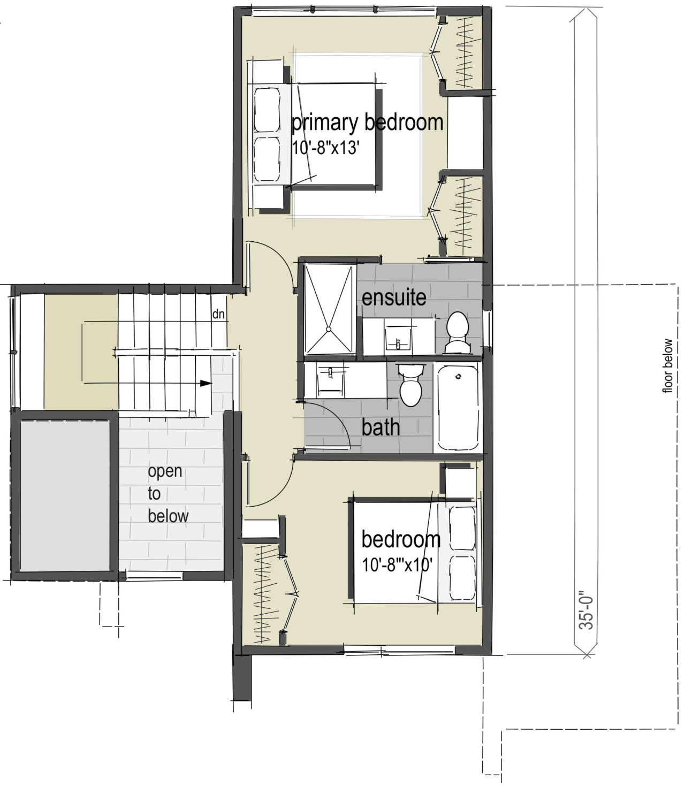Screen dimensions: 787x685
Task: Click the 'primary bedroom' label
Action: (x=367, y=123)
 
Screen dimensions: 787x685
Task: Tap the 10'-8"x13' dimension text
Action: (x=324, y=148)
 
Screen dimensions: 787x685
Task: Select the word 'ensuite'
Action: (x=394, y=297)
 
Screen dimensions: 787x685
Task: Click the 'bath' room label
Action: (x=380, y=427)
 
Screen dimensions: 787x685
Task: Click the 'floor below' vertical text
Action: (x=667, y=366)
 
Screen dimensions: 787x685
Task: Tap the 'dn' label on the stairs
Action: (x=218, y=315)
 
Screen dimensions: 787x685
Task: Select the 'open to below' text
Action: (x=168, y=493)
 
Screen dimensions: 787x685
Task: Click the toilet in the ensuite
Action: (x=457, y=332)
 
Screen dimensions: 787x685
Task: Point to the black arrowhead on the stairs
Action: (x=205, y=383)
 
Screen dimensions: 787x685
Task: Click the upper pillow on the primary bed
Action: (x=267, y=110)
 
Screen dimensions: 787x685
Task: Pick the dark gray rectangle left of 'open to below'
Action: (x=65, y=496)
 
